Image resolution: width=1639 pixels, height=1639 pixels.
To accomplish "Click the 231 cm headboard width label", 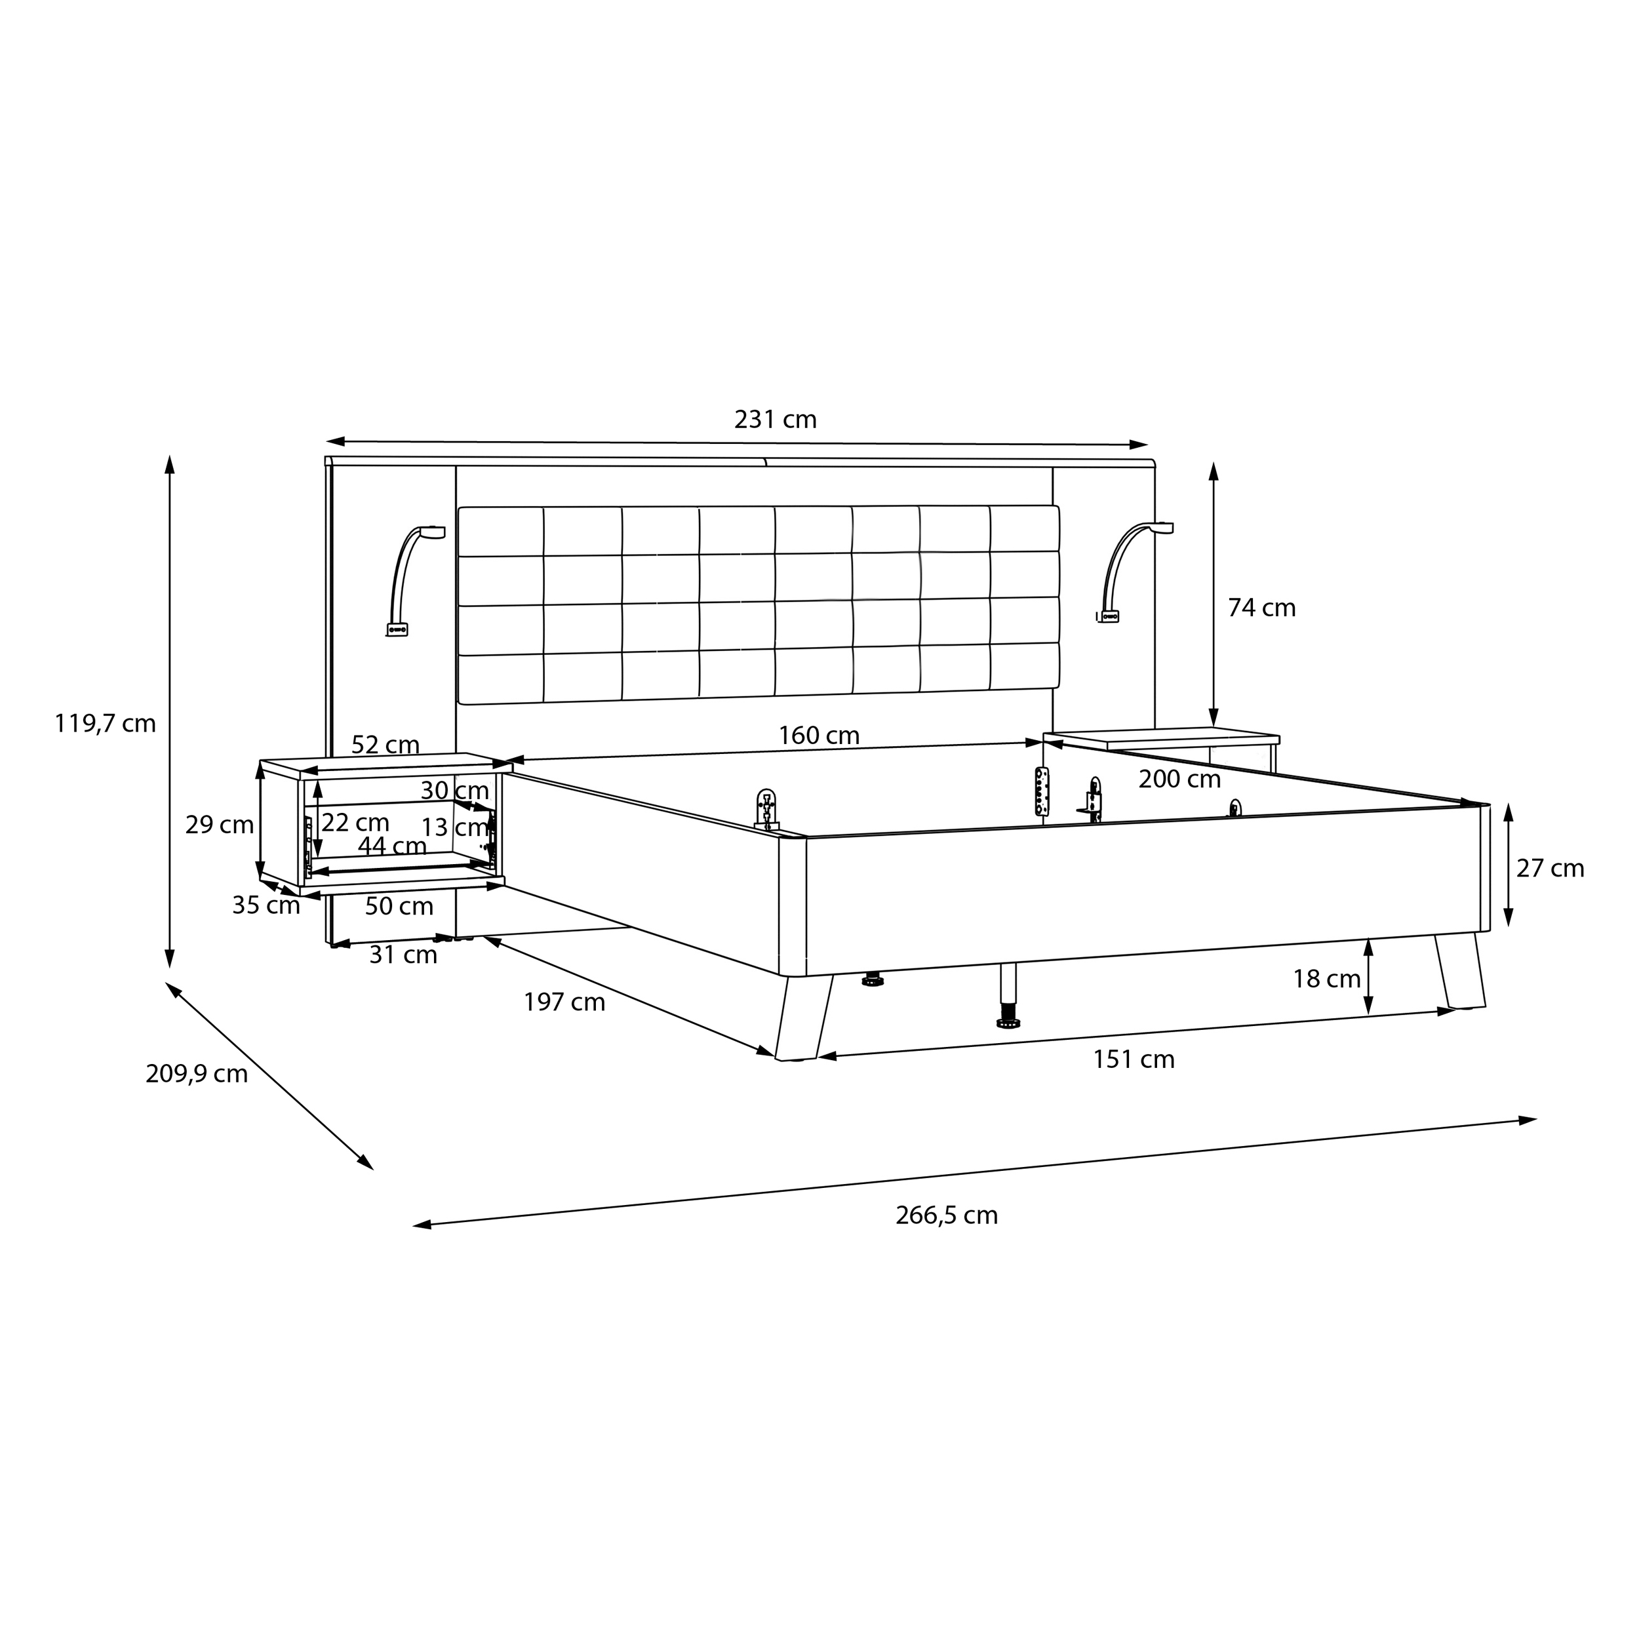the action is tap(776, 420).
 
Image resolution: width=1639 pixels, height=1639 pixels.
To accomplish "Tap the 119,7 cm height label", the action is tap(105, 724).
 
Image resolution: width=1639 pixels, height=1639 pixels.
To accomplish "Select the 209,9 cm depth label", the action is tap(197, 1074).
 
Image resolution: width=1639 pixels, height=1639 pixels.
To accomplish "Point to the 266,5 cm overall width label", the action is tap(947, 1215).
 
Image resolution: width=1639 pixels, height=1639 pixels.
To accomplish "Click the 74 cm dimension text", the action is tap(1261, 608).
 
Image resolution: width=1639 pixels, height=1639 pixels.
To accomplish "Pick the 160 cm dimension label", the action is tap(819, 736).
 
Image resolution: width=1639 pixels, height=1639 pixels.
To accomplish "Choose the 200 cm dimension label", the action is tap(1179, 779).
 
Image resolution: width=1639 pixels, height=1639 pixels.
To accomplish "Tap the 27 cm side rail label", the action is tap(1550, 869).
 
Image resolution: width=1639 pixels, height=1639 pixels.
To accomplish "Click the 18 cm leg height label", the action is tap(1327, 979).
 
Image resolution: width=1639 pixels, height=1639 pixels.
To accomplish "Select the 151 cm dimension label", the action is tap(1134, 1059).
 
